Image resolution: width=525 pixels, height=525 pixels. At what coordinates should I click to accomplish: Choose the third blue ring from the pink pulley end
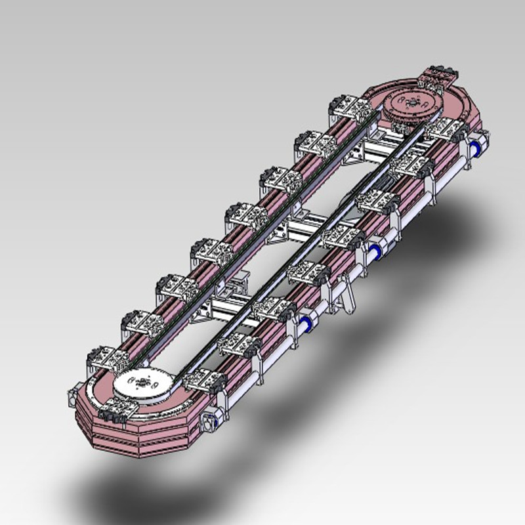(x=306, y=322)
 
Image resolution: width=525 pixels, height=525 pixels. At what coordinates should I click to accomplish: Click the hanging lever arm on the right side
(x=346, y=293)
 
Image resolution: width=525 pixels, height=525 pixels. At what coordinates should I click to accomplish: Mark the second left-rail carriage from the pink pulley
(x=314, y=143)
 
